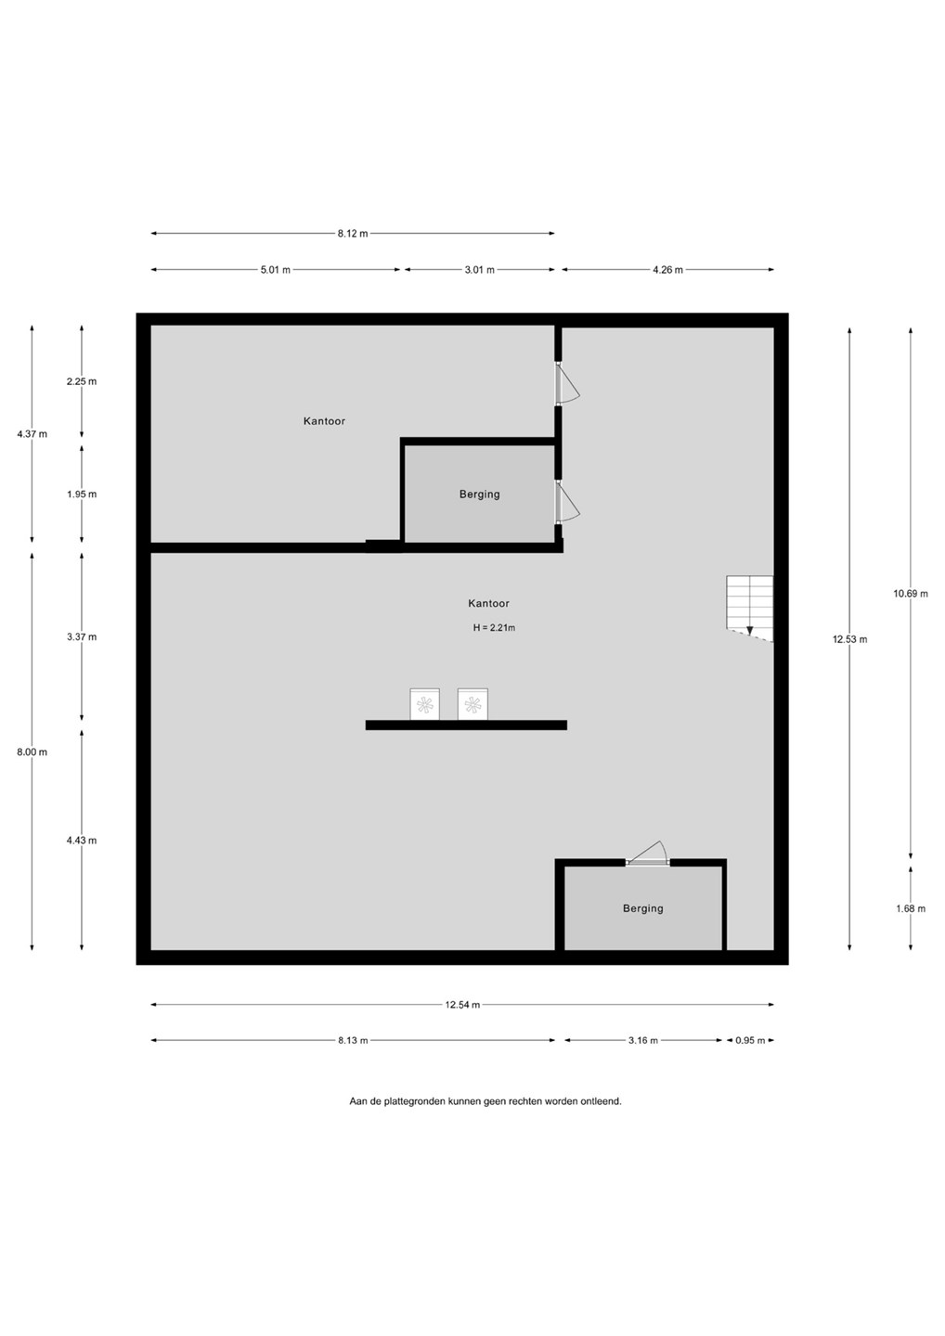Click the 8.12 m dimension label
(353, 233)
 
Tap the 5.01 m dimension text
(275, 270)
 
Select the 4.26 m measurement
(667, 270)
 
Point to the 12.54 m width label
(462, 1005)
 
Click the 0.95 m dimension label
(750, 1040)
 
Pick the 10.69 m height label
(911, 594)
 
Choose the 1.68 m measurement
(911, 908)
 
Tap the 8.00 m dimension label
(32, 752)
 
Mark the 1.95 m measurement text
(82, 494)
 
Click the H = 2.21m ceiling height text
(494, 627)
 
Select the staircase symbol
(749, 609)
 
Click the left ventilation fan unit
(425, 704)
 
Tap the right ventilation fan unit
(472, 704)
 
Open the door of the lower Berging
(647, 853)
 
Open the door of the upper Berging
(567, 502)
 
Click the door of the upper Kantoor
(567, 383)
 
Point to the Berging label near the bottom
(642, 908)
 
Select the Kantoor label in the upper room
(324, 421)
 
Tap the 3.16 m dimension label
(642, 1040)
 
